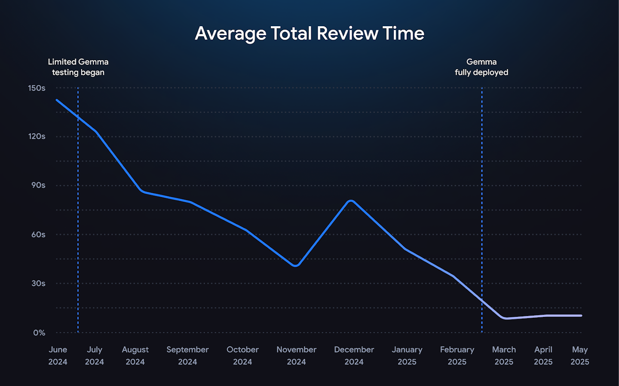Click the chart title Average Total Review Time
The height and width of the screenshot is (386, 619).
point(309,33)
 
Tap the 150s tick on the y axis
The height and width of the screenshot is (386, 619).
point(37,88)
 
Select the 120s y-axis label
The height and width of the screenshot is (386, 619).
point(37,137)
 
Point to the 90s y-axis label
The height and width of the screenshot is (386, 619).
point(38,185)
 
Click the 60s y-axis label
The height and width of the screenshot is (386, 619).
point(38,234)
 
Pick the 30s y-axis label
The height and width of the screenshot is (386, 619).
point(38,283)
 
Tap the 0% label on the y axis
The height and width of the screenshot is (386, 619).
point(39,333)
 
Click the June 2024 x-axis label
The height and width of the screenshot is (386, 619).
point(58,356)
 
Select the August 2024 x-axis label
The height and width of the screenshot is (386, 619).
point(135,356)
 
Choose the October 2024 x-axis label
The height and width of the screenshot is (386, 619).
point(242,356)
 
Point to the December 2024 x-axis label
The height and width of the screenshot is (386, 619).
point(354,356)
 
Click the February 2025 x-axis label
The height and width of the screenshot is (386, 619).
point(457,356)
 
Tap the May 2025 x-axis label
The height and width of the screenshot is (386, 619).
point(579,356)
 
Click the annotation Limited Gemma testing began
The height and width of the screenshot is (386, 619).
point(78,67)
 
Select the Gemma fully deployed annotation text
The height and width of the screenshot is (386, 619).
point(481,67)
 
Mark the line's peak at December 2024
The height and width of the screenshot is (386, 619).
point(351,201)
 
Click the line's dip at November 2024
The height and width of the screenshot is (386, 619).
point(295,265)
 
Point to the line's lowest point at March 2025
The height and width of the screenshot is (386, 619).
point(506,318)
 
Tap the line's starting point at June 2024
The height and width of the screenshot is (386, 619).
point(57,100)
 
